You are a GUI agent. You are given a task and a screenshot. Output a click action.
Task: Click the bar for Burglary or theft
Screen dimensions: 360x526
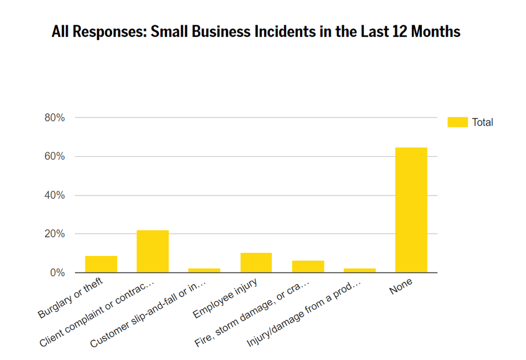[x=101, y=264]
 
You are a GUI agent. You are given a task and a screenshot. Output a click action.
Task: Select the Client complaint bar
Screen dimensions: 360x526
[x=153, y=251]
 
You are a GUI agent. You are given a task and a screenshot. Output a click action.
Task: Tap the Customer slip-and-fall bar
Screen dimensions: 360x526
[x=204, y=270]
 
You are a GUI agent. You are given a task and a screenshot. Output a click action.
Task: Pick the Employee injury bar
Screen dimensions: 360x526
[x=256, y=263]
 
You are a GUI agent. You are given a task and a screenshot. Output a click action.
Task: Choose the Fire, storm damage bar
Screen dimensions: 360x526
[x=308, y=266]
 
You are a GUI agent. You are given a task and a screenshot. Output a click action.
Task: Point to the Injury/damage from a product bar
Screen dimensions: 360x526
[x=360, y=270]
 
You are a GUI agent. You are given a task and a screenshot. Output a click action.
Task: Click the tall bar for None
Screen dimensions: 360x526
[x=411, y=210]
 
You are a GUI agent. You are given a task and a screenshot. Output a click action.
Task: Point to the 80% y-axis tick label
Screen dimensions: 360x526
[x=55, y=118]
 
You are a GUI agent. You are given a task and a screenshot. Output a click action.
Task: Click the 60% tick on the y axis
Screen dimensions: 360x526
[x=55, y=157]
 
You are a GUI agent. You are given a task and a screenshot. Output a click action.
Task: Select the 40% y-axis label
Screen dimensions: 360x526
[x=55, y=196]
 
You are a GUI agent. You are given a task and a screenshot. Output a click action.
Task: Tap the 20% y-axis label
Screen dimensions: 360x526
[x=55, y=234]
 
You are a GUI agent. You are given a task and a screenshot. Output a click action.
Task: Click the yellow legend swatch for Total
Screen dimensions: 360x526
[x=457, y=122]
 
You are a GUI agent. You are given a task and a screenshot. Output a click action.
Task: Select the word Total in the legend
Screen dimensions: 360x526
[x=482, y=122]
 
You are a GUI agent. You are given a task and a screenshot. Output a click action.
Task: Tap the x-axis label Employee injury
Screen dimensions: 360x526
[x=225, y=300]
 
